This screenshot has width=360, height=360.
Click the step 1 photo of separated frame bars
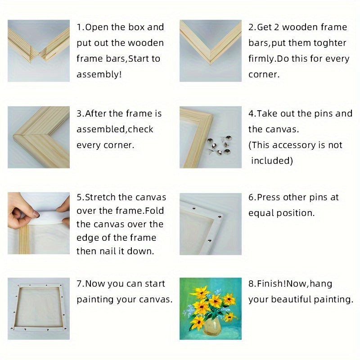39,50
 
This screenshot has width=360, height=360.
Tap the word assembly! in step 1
99,74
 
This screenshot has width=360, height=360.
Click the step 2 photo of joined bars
210,50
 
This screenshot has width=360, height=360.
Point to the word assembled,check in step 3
115,130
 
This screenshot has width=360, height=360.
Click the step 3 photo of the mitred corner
39,137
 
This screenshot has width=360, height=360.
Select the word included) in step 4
272,161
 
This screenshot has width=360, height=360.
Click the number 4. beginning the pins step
252,114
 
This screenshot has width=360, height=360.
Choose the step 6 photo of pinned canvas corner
210,224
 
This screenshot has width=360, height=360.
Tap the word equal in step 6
261,213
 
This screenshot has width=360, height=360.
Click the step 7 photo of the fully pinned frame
39,308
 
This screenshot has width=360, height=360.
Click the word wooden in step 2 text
297,27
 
